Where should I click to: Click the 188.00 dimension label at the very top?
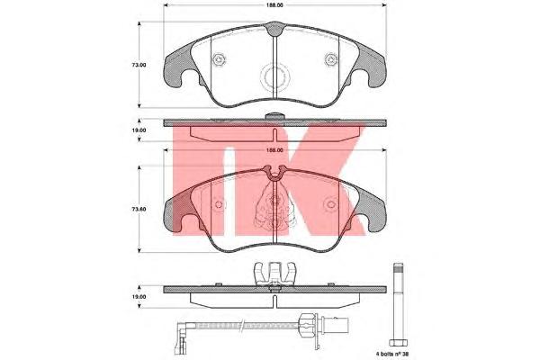click(x=274, y=5)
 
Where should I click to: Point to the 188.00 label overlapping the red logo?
click(x=274, y=150)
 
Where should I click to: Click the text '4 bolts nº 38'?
click(x=392, y=354)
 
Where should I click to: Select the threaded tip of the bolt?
click(x=398, y=267)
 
